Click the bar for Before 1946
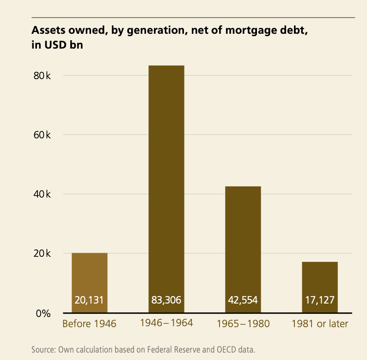[x=90, y=278]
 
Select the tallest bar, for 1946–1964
[x=166, y=185]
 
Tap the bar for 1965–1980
[x=243, y=245]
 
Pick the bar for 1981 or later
[x=320, y=282]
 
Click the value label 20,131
[x=89, y=300]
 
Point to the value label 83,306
[x=166, y=300]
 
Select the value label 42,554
[x=243, y=300]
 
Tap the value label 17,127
[x=320, y=300]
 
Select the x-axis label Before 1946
[x=89, y=323]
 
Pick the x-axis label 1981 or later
[x=320, y=323]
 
